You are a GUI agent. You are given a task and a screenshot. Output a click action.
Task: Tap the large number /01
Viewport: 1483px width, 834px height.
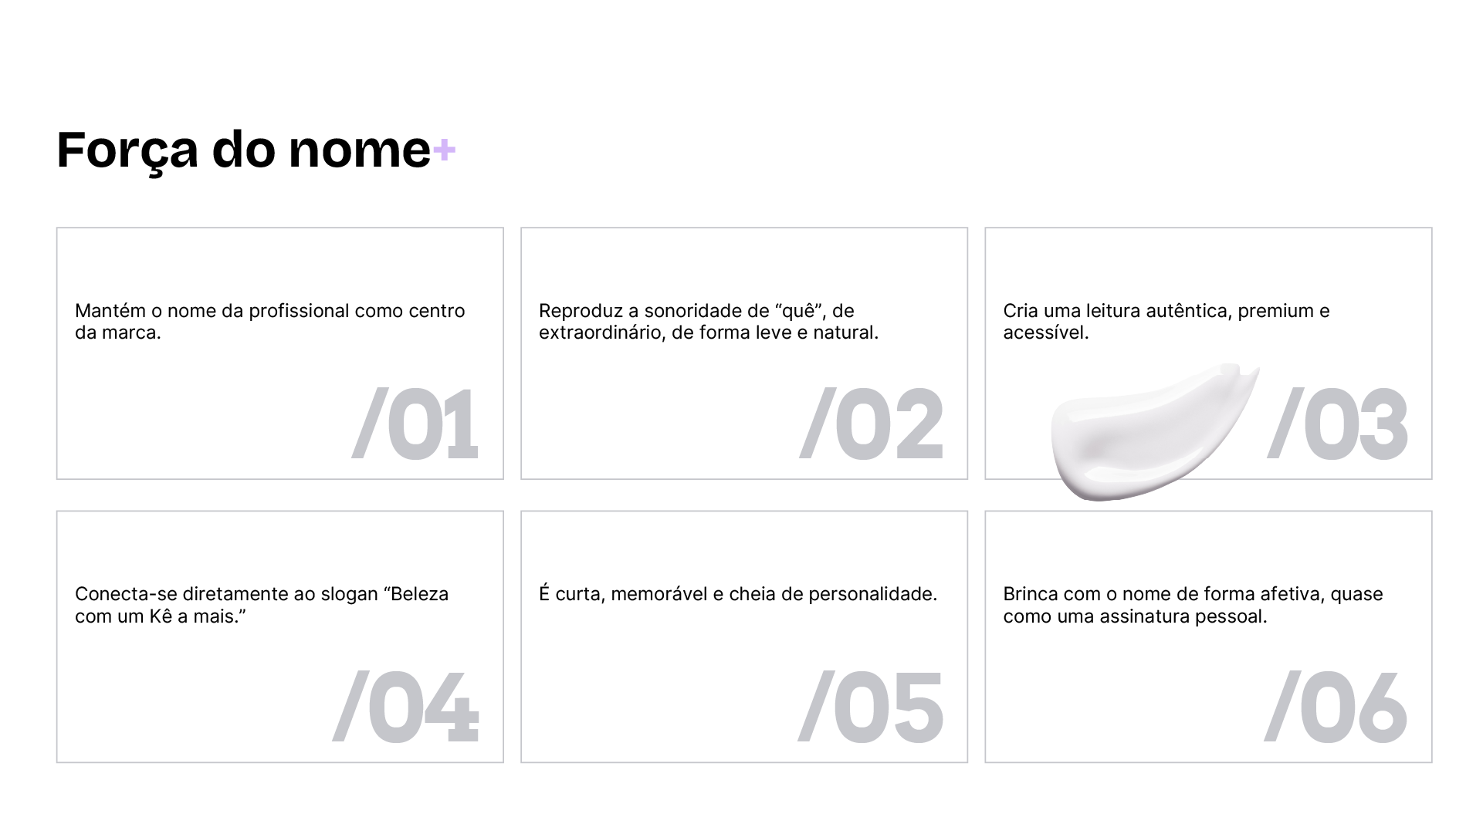(x=415, y=424)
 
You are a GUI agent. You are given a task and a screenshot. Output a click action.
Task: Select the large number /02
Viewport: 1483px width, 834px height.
(x=872, y=424)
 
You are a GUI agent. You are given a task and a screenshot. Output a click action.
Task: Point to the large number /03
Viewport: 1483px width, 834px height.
(x=1338, y=424)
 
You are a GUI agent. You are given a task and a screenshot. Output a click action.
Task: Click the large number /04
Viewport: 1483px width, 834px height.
(x=406, y=707)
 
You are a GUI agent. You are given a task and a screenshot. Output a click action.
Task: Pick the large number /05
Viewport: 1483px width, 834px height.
(x=871, y=707)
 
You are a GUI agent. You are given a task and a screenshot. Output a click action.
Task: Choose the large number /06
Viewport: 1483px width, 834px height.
(x=1336, y=707)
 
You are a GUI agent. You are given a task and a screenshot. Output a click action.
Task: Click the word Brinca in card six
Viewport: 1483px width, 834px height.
(x=1031, y=595)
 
